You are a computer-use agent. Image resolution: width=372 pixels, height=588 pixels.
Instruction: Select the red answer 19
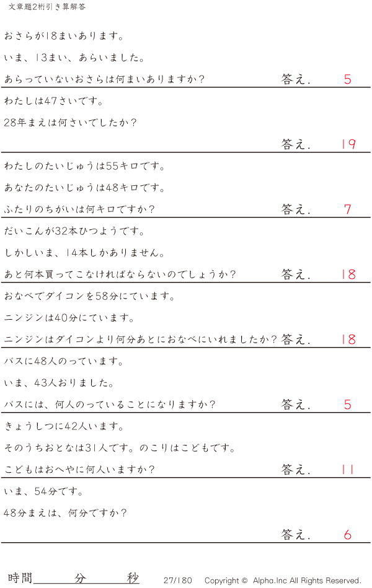click(348, 144)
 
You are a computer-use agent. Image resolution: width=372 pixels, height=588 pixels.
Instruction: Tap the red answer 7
click(348, 209)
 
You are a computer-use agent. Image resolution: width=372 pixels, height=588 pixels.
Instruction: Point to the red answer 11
click(348, 470)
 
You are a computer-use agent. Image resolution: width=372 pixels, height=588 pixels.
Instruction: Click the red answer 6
click(348, 535)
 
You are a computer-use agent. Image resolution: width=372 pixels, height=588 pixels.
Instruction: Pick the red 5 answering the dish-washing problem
click(348, 79)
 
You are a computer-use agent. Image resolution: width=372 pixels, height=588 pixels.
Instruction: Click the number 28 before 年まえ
click(10, 123)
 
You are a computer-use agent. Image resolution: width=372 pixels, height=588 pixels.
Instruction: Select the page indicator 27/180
click(178, 581)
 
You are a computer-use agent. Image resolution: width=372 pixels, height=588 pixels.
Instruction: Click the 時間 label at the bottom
click(20, 578)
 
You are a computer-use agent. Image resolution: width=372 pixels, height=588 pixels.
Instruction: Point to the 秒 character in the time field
click(133, 578)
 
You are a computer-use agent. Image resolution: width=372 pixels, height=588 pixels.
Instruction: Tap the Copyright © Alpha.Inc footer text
click(283, 581)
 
